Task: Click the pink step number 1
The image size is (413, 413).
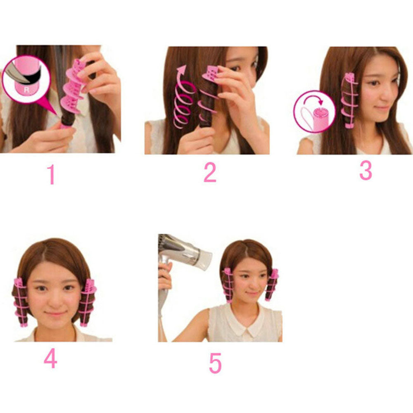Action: [51, 174]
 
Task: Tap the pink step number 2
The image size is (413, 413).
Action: [210, 173]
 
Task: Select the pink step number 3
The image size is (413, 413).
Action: [366, 171]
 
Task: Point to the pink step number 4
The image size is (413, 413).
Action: [50, 358]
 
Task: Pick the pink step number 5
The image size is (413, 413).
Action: [215, 363]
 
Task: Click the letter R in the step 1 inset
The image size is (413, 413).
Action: [26, 90]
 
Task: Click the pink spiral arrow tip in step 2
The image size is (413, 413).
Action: [181, 69]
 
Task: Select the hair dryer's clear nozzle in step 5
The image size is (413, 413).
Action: [204, 260]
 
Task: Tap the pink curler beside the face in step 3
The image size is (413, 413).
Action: [349, 101]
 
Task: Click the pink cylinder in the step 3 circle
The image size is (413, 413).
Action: [322, 117]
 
